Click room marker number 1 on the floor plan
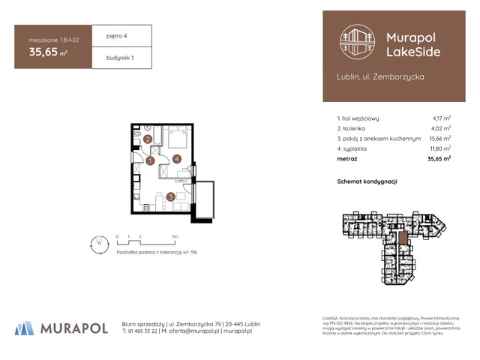click(150, 160)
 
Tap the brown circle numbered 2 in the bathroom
click(148, 139)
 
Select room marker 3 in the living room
click(171, 197)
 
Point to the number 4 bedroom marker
click(175, 158)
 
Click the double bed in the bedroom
click(176, 139)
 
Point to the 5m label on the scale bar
click(175, 235)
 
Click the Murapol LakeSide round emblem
click(358, 42)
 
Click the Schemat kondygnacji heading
click(367, 181)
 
